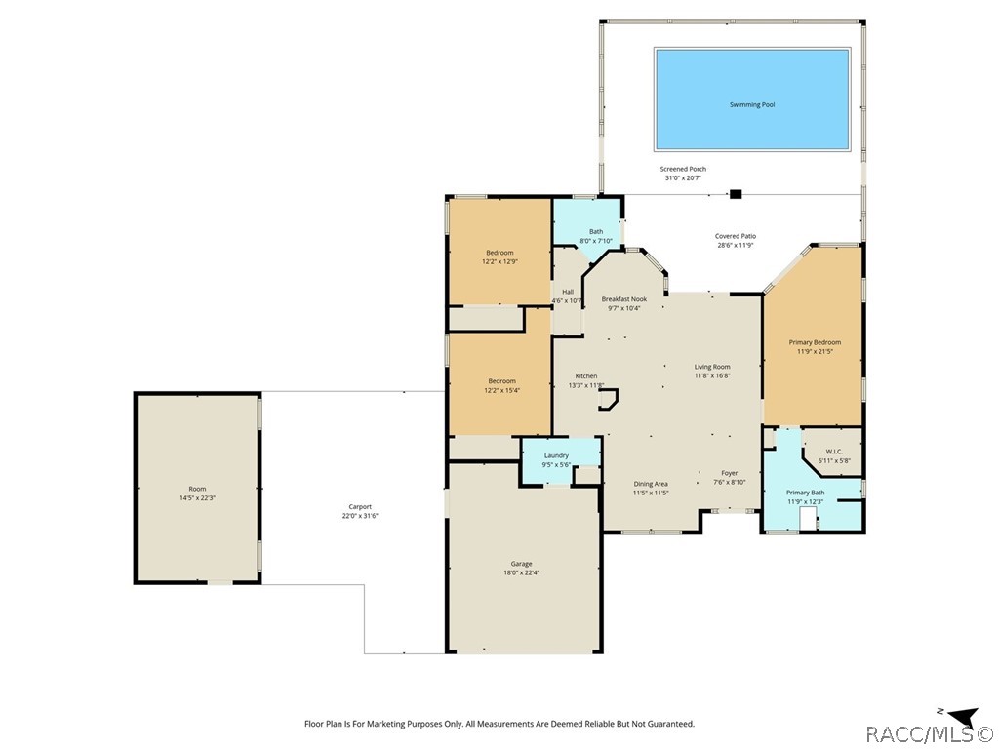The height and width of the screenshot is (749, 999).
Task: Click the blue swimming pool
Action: pyautogui.click(x=752, y=99)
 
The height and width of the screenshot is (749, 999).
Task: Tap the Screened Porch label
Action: pyautogui.click(x=683, y=169)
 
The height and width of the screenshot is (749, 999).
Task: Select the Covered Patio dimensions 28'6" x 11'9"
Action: pyautogui.click(x=736, y=245)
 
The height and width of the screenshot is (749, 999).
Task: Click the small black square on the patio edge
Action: pyautogui.click(x=736, y=194)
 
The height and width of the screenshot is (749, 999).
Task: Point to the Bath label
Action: pyautogui.click(x=596, y=232)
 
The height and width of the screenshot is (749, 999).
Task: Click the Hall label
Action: pyautogui.click(x=568, y=292)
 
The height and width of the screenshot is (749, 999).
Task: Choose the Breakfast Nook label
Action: pyautogui.click(x=623, y=299)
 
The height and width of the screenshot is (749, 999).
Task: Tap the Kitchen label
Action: pyautogui.click(x=586, y=375)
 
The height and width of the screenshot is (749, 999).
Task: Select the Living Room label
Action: pyautogui.click(x=712, y=367)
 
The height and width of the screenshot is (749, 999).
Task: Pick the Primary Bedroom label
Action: pyautogui.click(x=815, y=342)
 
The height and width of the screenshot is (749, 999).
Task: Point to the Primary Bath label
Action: pyautogui.click(x=805, y=493)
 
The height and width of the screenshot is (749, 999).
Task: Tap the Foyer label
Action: pyautogui.click(x=729, y=473)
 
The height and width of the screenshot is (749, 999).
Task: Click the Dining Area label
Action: pyautogui.click(x=651, y=484)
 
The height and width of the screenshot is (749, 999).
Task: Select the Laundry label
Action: pyautogui.click(x=556, y=455)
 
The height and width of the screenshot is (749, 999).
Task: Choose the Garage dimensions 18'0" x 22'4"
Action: pyautogui.click(x=521, y=572)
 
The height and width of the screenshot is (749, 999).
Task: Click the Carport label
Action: pyautogui.click(x=360, y=507)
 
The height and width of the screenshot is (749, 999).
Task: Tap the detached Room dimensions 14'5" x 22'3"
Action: pyautogui.click(x=197, y=498)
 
